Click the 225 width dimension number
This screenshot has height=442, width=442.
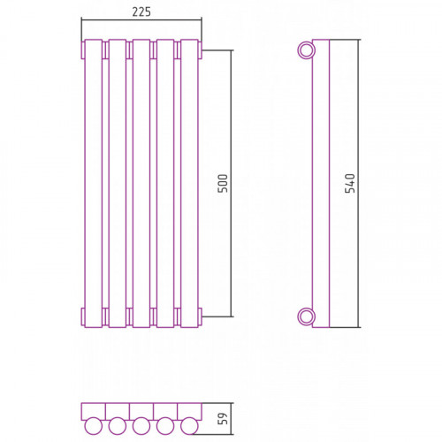pos(141,11)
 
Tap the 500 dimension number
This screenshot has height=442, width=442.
pos(223,183)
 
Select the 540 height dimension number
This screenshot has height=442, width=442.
pos(350,183)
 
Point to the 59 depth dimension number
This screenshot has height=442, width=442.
pos(223,418)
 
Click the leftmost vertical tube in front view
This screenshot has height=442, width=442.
pos(94,183)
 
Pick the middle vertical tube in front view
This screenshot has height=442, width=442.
pos(141,183)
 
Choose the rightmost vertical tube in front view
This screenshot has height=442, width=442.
pos(189,183)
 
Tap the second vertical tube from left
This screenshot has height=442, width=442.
pos(118,183)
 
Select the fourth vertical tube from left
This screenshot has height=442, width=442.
pos(165,183)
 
